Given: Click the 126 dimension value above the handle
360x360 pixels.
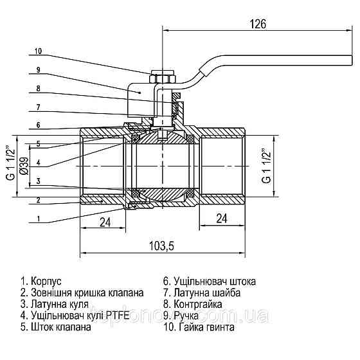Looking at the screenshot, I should pos(258,24).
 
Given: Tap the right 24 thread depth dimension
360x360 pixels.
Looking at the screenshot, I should pos(222,219).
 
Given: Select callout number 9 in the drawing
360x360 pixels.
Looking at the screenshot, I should pos(39,69).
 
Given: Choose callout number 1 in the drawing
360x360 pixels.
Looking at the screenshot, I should pos(39,219).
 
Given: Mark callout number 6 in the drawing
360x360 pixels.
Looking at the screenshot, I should pos(39,125).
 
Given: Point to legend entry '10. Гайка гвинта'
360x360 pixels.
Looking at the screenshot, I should pos(199,327).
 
